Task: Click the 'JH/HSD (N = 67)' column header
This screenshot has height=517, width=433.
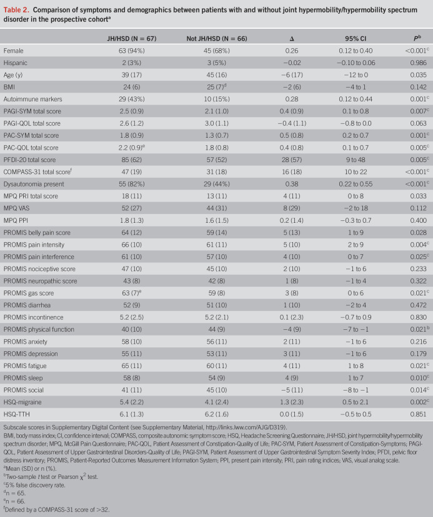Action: click(x=132, y=39)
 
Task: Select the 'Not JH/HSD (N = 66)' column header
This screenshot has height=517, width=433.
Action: click(x=219, y=39)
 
